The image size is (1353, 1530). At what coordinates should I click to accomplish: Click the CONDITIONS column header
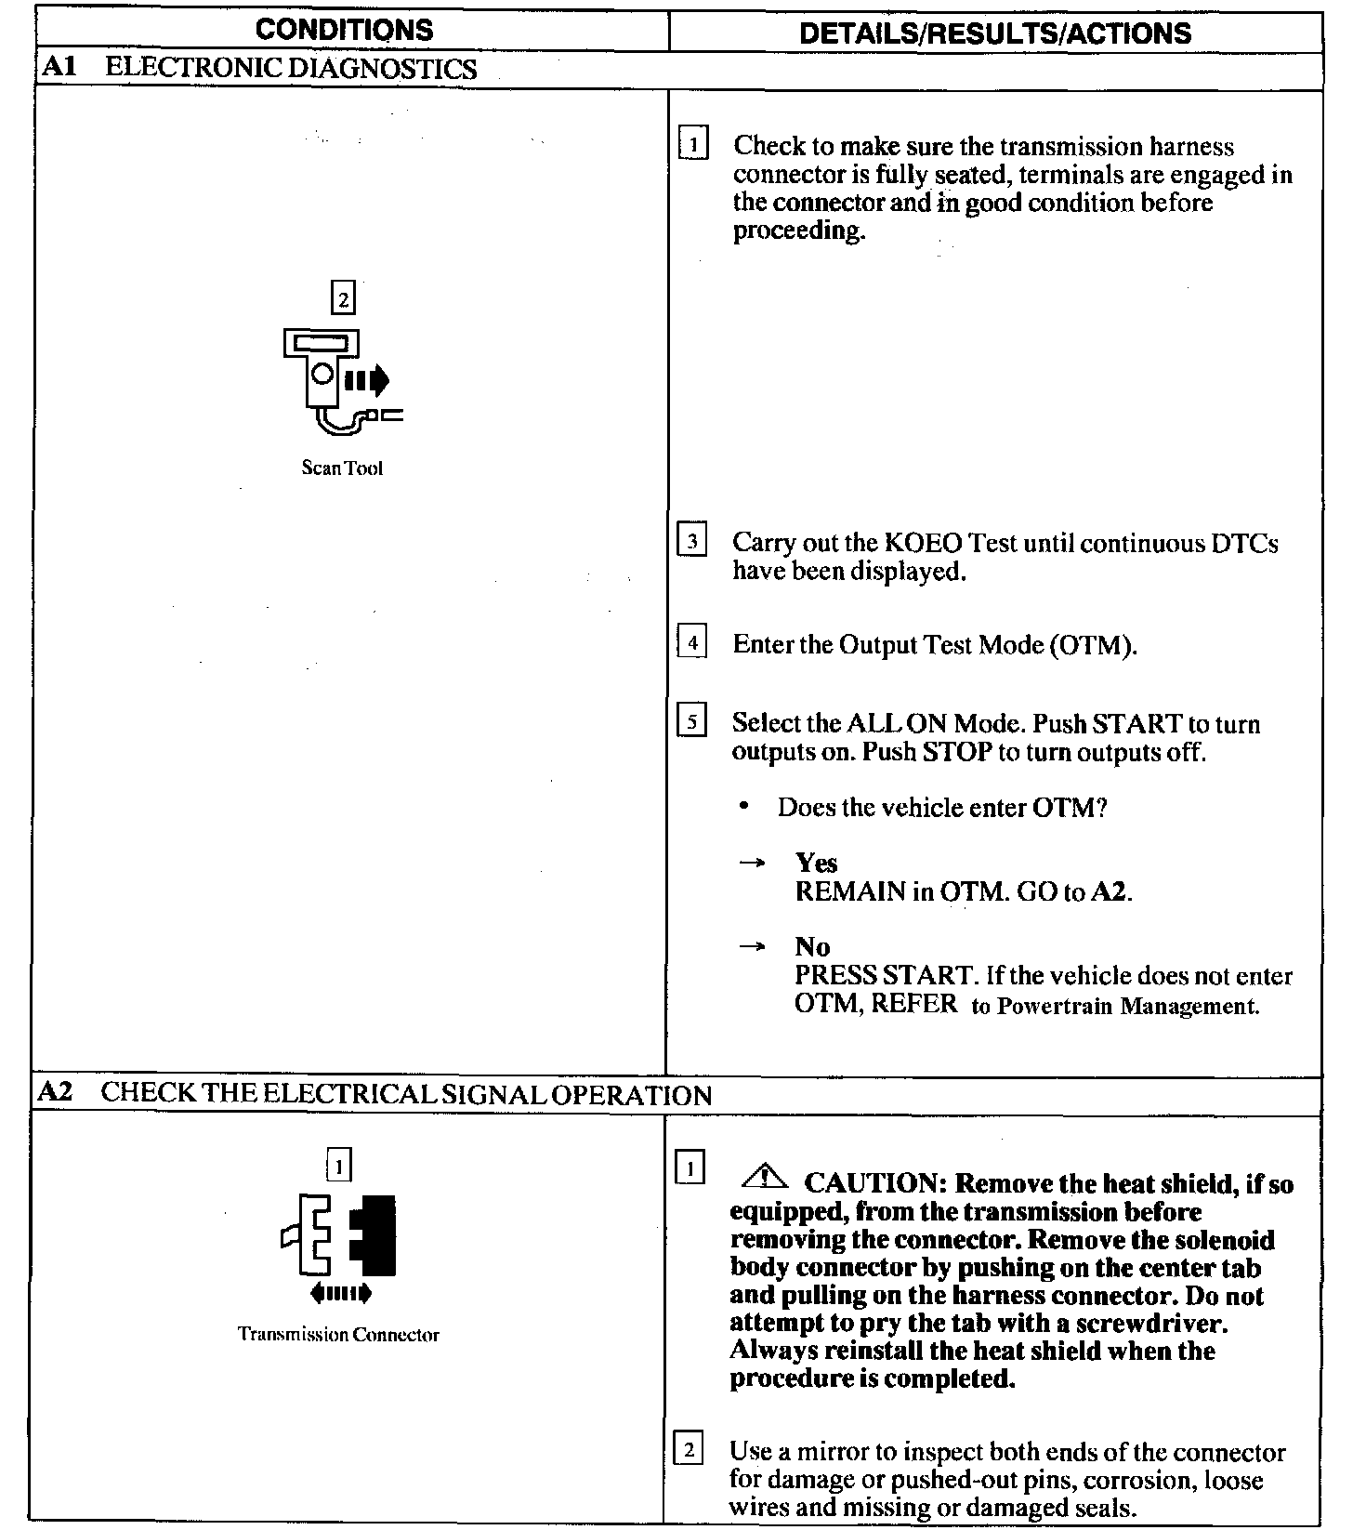click(x=344, y=30)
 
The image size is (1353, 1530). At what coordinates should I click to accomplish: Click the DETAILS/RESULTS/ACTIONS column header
click(x=994, y=34)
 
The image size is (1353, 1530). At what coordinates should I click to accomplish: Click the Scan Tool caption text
click(x=342, y=468)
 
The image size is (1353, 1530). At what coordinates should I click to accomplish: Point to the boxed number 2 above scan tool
click(x=343, y=299)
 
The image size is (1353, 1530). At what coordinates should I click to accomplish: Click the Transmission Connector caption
click(x=338, y=1335)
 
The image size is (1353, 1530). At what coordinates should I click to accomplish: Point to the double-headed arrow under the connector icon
click(x=341, y=1292)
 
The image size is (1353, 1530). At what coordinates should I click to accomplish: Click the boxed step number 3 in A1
click(x=692, y=540)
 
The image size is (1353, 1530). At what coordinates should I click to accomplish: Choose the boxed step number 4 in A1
click(x=692, y=641)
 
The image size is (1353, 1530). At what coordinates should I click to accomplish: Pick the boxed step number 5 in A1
click(x=692, y=720)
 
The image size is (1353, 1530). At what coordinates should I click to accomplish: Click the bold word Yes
click(x=816, y=863)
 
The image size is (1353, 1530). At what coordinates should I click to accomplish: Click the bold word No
click(x=812, y=947)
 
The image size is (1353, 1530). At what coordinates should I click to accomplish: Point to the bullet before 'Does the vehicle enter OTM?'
click(x=743, y=807)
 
